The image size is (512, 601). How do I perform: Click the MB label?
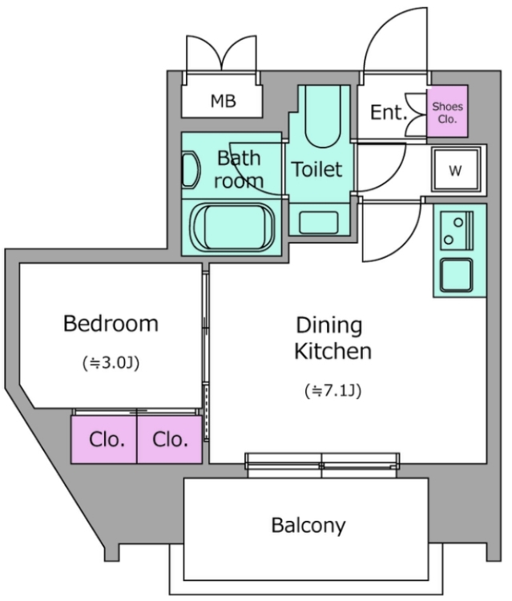pos(223,101)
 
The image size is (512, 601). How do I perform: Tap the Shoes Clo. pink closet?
pos(447,111)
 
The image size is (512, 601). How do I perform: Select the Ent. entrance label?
pos(389,112)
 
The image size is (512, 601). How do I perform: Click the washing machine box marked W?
pos(455,170)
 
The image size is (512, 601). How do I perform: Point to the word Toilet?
pos(316,169)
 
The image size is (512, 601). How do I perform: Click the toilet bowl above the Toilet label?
pos(323,116)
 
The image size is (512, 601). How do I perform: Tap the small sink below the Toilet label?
pos(319,222)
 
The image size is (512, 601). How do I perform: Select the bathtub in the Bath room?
pos(233,227)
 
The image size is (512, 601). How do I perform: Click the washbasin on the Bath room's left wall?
pos(191,170)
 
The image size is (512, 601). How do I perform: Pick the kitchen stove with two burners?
pos(457,231)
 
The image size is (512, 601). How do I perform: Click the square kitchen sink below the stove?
pos(456,275)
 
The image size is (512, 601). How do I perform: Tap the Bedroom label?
pos(111,324)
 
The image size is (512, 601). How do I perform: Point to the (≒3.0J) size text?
pos(111,362)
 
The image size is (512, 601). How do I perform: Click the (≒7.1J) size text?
pos(333,390)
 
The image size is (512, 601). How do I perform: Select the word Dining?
pos(329,325)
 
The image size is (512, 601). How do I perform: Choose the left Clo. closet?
pos(104,439)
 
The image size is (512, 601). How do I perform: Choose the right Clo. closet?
pos(170,439)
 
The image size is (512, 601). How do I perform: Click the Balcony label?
pos(308,526)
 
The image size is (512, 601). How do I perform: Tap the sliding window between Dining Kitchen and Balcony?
pos(322,465)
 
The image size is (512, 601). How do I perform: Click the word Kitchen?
pos(333,351)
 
